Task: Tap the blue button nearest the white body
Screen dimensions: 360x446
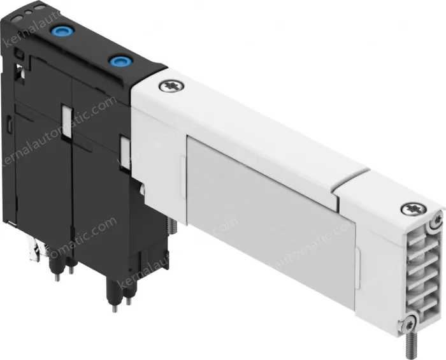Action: point(118,61)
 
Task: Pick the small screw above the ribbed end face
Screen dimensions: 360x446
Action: point(437,220)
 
